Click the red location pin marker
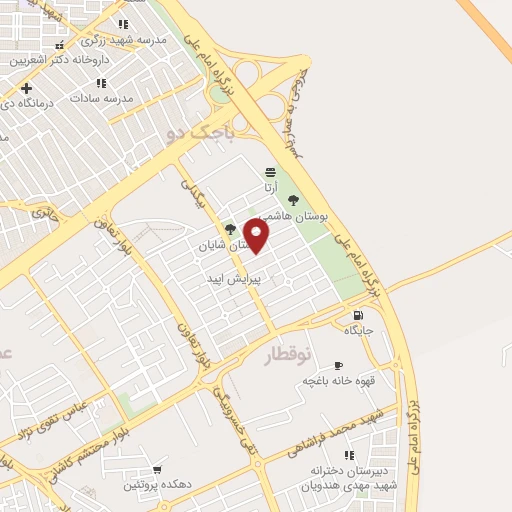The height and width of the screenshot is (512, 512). (257, 236)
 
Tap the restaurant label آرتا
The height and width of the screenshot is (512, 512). (270, 186)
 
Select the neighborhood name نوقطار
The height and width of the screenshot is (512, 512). (291, 355)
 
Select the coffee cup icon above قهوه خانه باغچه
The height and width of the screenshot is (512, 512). (337, 366)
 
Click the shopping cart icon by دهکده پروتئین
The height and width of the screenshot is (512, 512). (156, 469)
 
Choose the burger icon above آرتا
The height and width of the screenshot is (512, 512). (270, 171)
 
